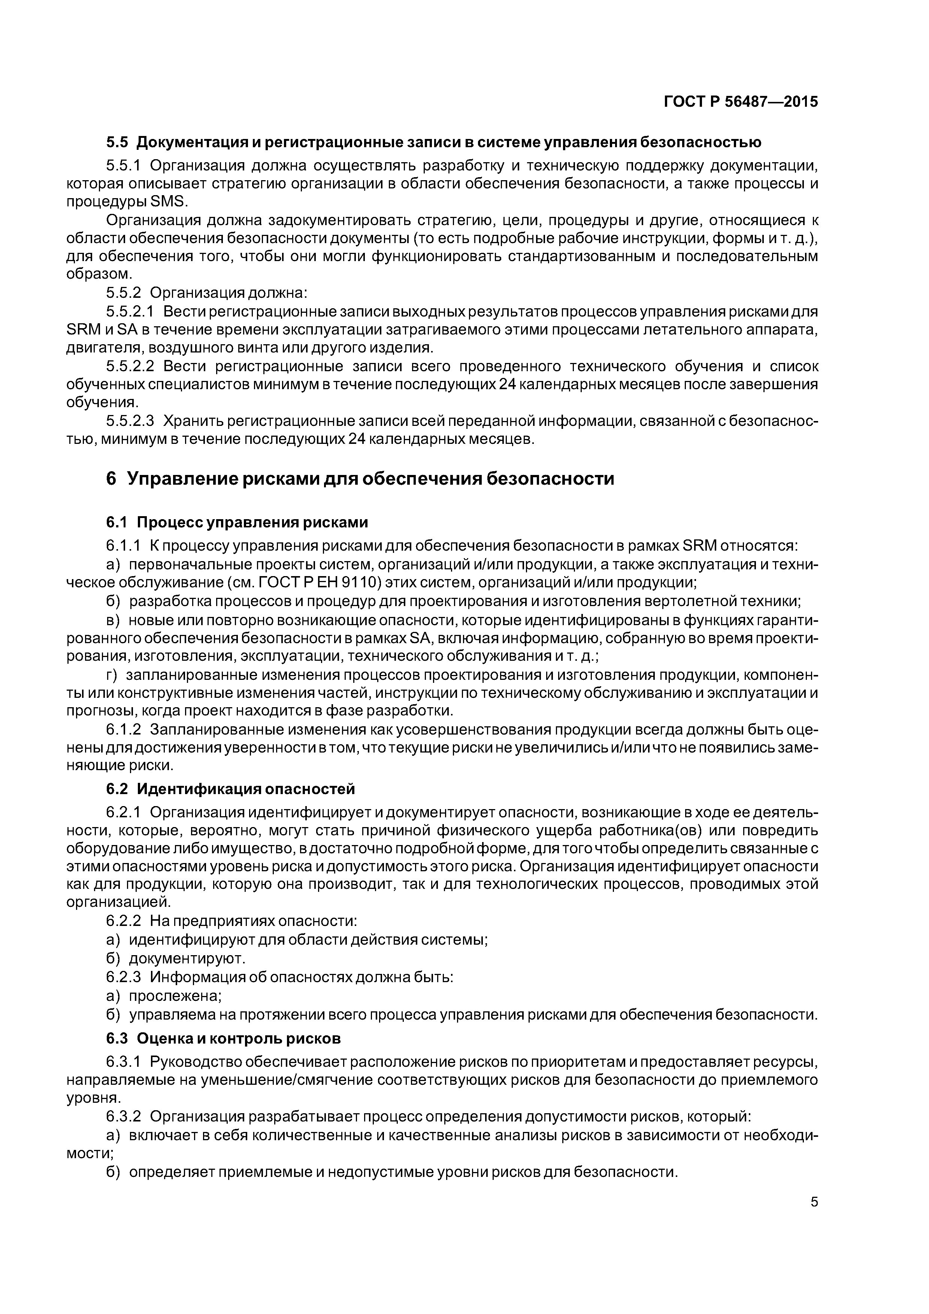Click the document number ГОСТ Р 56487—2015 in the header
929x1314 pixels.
coord(741,102)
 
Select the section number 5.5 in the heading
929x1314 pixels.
coord(118,142)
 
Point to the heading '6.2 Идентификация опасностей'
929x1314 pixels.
coord(230,789)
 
